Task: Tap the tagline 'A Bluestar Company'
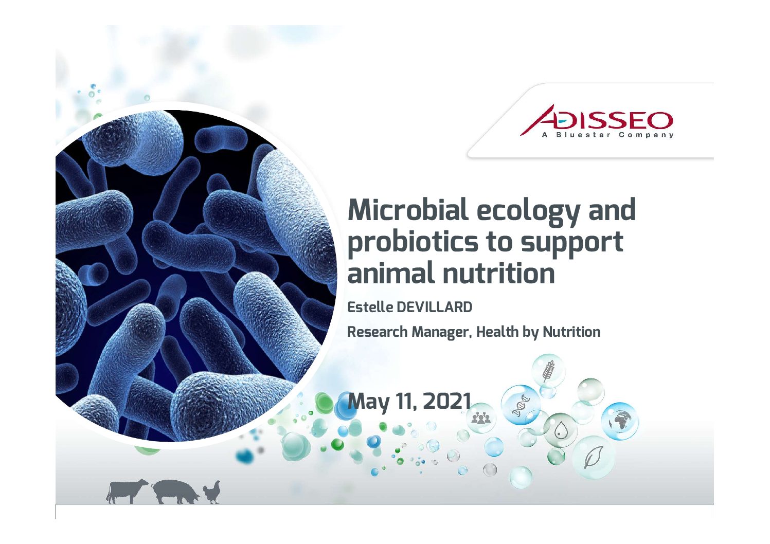(607, 135)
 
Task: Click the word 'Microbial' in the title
(408, 210)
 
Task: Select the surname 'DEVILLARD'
(435, 307)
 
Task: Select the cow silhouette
(127, 491)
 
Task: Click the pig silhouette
(176, 492)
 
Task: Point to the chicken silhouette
(211, 493)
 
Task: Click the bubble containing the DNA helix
(521, 405)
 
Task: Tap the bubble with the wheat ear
(548, 371)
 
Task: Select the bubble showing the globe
(620, 421)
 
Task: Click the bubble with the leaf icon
(594, 457)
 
